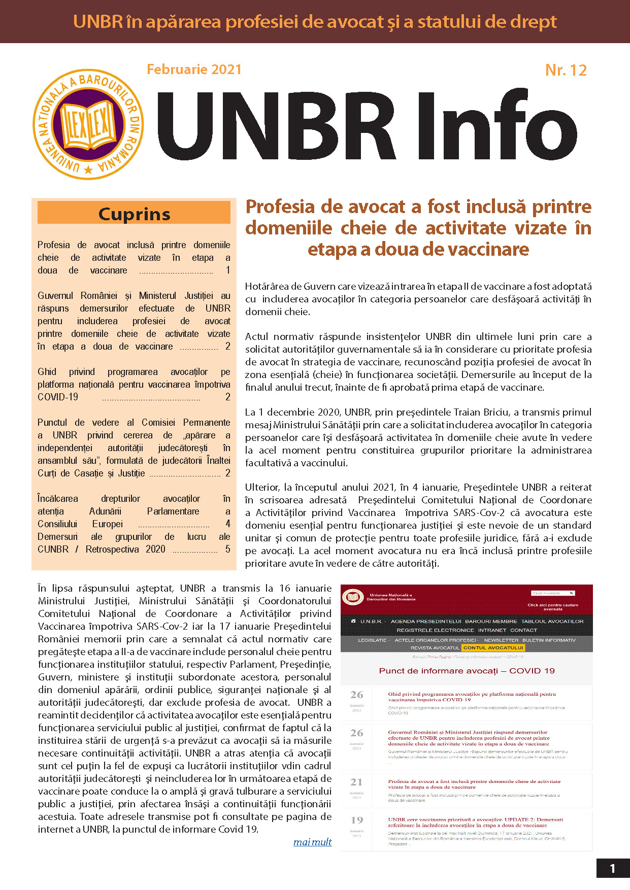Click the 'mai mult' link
point(312,842)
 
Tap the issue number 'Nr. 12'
point(566,70)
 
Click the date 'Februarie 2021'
point(194,70)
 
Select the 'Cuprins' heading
point(134,214)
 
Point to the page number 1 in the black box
point(612,868)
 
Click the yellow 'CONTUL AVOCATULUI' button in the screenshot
point(493,647)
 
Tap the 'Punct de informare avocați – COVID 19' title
point(467,671)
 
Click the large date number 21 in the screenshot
point(357,782)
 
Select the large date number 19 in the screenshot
point(357,820)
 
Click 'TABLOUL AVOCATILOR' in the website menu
point(552,621)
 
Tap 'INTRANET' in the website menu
point(492,630)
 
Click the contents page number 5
point(228,549)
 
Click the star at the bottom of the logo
point(88,169)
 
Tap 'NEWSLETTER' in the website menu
point(501,640)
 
